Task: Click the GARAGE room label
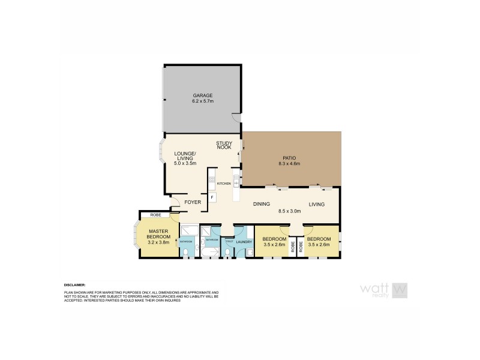pyautogui.click(x=202, y=95)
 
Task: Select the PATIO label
pyautogui.click(x=289, y=158)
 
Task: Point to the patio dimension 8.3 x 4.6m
pyautogui.click(x=289, y=164)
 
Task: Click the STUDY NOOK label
pyautogui.click(x=224, y=145)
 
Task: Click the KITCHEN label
pyautogui.click(x=224, y=183)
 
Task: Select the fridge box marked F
pyautogui.click(x=212, y=196)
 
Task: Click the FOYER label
pyautogui.click(x=192, y=202)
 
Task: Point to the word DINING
pyautogui.click(x=261, y=204)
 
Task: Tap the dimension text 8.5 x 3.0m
pyautogui.click(x=289, y=211)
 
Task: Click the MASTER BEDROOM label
pyautogui.click(x=159, y=233)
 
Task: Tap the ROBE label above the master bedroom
pyautogui.click(x=155, y=214)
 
